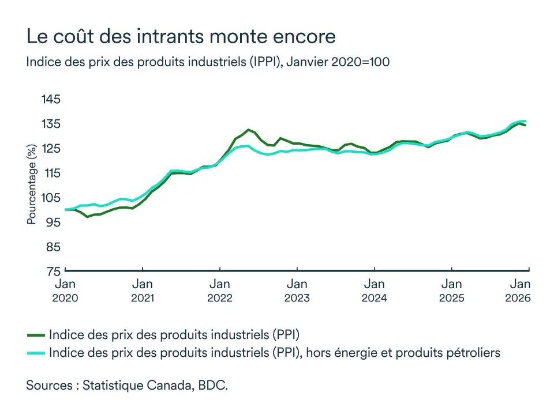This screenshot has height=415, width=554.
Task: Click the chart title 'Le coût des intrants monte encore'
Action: (181, 37)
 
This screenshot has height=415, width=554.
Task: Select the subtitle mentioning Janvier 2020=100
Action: (208, 62)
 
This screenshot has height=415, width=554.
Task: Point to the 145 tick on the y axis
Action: (51, 99)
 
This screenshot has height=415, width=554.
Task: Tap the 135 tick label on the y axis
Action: (51, 124)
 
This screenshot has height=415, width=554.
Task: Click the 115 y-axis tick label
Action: (51, 173)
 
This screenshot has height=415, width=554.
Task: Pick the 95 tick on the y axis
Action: (51, 222)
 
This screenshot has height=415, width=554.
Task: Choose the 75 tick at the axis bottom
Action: (51, 271)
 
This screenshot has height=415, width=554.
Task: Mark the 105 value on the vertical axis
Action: (51, 198)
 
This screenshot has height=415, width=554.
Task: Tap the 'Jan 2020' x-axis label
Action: (65, 290)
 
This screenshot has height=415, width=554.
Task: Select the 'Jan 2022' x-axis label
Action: (220, 290)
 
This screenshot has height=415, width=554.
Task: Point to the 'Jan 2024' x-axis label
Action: (375, 290)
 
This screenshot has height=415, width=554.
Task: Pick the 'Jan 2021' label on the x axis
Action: (143, 290)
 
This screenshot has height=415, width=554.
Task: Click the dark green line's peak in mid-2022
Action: (248, 130)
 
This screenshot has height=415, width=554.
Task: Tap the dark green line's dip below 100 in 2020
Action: (87, 217)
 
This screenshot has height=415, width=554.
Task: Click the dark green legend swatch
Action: (36, 334)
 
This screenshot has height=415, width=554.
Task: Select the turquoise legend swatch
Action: (36, 352)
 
